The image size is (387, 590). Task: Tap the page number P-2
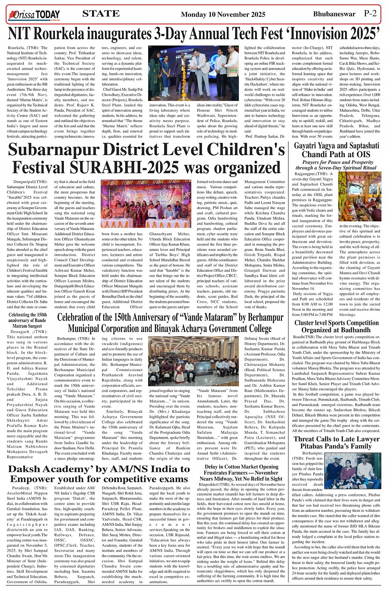(x=370, y=14)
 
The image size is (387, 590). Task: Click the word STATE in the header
(x=101, y=14)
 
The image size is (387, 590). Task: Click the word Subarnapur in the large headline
(x=55, y=150)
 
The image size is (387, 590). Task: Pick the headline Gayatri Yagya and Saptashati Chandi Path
(x=336, y=150)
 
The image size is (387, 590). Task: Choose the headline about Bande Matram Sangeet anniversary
(x=28, y=320)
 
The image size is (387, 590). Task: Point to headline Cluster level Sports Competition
(x=336, y=326)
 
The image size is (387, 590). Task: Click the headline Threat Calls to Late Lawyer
(x=336, y=442)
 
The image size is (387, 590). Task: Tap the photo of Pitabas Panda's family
(x=353, y=470)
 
